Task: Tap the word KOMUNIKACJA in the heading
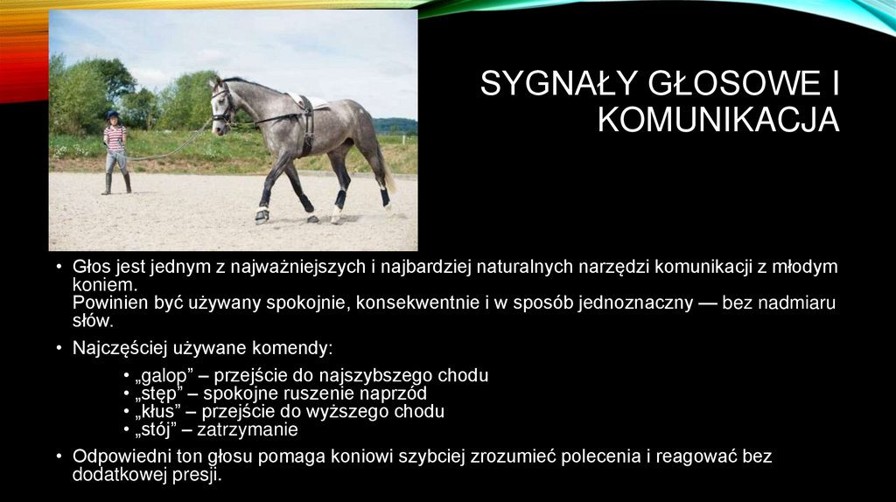[718, 120]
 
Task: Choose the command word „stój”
[155, 430]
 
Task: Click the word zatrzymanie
[248, 430]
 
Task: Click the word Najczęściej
[117, 348]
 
